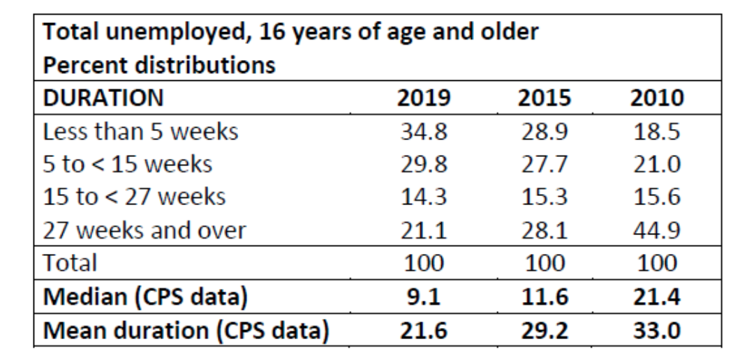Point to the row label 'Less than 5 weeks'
[141, 132]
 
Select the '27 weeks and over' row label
[145, 230]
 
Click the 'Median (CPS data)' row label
[145, 296]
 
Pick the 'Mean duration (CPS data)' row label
[186, 329]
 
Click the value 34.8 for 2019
[424, 132]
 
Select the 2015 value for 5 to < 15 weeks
[544, 165]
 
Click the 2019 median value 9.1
[424, 296]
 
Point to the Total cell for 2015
[544, 263]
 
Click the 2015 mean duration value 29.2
[544, 329]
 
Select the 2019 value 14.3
[424, 197]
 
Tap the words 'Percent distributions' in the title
[159, 66]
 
